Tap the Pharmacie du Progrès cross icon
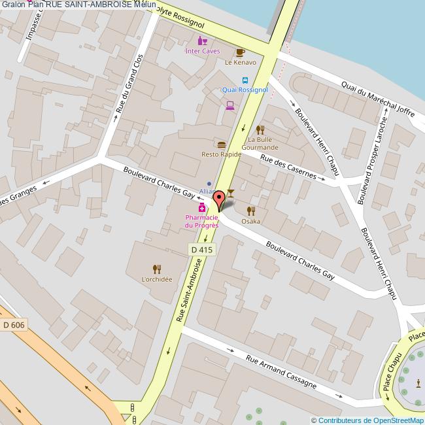(x=203, y=207)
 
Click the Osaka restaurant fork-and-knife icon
(x=250, y=211)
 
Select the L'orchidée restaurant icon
(x=156, y=269)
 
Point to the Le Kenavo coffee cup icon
(x=240, y=52)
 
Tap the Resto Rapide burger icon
(x=222, y=144)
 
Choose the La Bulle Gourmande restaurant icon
(x=260, y=129)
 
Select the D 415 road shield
(x=202, y=249)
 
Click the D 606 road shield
(x=14, y=325)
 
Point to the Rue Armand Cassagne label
(x=281, y=372)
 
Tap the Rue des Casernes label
(x=288, y=167)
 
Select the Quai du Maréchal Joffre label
(x=378, y=98)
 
